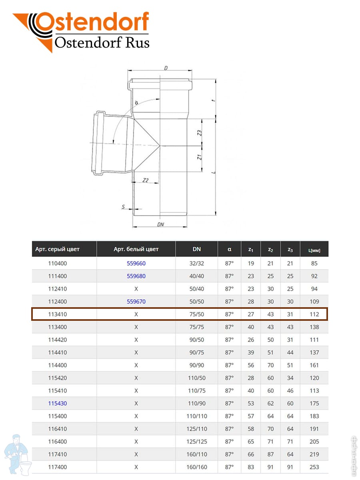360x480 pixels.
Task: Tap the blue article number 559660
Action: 136,263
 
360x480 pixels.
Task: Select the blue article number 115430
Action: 57,403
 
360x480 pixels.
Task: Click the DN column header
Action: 196,249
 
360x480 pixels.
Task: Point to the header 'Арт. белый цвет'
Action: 136,249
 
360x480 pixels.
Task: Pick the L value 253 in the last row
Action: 314,467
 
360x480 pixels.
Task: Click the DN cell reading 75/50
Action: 196,314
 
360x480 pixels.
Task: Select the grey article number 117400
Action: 57,467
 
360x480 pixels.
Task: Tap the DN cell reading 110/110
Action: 196,416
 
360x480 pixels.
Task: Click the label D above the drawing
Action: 166,68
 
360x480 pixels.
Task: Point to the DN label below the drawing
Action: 161,224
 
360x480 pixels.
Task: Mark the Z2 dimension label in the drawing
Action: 146,180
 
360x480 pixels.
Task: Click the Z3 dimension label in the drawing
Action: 199,133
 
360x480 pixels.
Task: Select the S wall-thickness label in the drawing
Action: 124,206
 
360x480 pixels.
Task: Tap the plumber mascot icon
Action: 18,454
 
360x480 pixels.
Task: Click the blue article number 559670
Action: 136,302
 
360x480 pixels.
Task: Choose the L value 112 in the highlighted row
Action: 314,314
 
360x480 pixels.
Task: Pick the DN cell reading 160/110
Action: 196,454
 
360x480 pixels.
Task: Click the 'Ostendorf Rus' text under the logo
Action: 102,42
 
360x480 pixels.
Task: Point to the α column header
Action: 229,249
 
